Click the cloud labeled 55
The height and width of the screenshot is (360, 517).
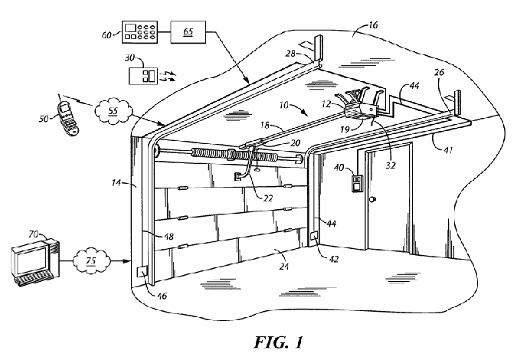(x=113, y=111)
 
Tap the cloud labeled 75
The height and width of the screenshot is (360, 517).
(x=90, y=260)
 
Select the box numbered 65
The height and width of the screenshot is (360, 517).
(x=188, y=31)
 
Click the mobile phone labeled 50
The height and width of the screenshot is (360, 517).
(x=69, y=118)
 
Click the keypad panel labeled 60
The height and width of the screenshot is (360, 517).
(x=139, y=31)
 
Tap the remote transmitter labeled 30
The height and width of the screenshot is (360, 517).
(x=142, y=76)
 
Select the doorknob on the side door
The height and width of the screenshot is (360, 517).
(x=372, y=199)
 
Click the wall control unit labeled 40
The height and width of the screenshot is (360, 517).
(x=357, y=183)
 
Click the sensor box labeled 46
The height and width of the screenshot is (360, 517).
(x=142, y=273)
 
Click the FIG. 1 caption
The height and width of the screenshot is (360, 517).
(x=279, y=343)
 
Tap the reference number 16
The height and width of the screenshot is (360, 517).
(x=372, y=25)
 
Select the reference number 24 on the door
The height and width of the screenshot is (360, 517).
(x=284, y=265)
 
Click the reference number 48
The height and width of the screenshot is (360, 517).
(x=169, y=237)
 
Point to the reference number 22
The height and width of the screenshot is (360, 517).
(x=268, y=198)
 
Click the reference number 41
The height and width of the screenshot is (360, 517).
(x=447, y=150)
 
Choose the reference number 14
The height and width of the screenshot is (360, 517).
(x=116, y=182)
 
